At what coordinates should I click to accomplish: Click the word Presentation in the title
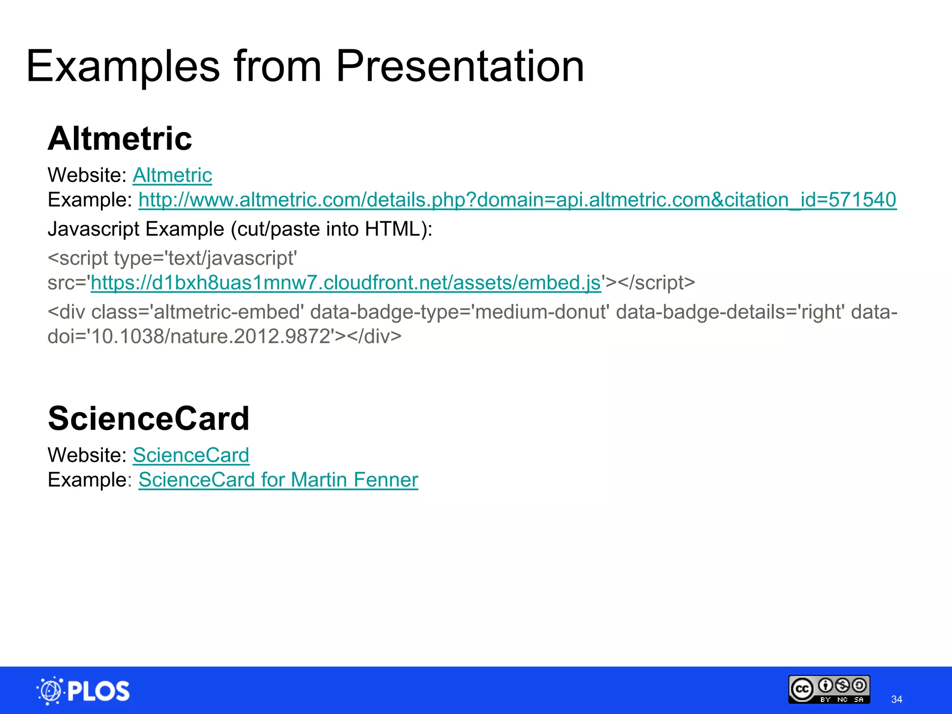[459, 66]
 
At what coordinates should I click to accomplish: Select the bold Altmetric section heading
[120, 139]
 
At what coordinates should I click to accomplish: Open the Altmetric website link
[172, 175]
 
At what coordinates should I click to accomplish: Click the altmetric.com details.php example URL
[517, 200]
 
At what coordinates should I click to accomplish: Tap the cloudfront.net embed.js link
[346, 283]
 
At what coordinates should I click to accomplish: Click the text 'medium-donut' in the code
[542, 312]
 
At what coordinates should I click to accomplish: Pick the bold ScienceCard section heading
[148, 418]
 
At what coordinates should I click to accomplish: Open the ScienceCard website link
[191, 455]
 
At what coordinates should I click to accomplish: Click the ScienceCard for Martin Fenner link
[278, 480]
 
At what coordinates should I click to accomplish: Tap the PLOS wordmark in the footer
[99, 691]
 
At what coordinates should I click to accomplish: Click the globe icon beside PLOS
[50, 691]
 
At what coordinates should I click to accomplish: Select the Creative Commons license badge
[829, 689]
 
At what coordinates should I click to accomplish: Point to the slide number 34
[897, 699]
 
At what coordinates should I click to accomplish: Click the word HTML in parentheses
[393, 229]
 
